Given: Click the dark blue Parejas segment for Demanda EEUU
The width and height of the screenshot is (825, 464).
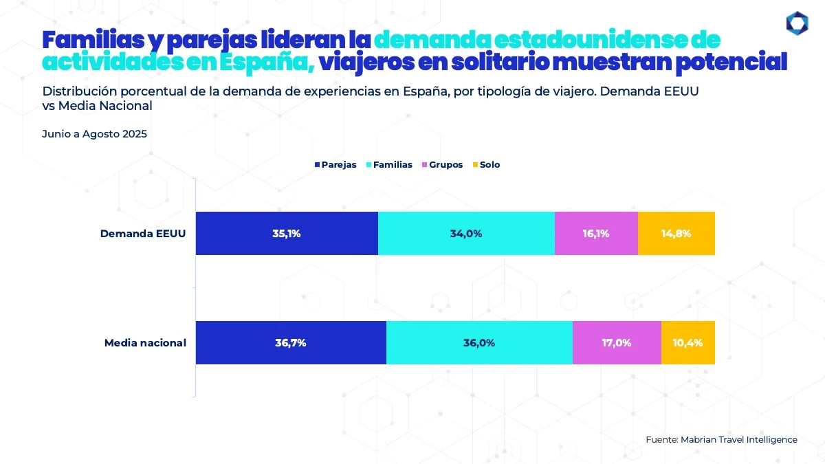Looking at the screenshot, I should click(x=287, y=233).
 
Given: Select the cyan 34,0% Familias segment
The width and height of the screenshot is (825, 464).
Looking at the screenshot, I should click(x=466, y=233).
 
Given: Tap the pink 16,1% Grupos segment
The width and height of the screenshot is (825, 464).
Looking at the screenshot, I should click(x=596, y=233).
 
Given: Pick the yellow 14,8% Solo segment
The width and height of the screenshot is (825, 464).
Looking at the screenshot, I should click(x=676, y=233).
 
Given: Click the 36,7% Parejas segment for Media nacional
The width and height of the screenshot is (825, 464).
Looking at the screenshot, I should click(x=291, y=342).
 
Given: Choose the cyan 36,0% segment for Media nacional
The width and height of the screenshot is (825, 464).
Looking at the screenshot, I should click(x=479, y=342).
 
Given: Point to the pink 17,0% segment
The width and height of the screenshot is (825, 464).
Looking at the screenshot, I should click(x=617, y=342).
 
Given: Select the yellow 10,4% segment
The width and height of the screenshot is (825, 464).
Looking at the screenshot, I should click(x=688, y=342).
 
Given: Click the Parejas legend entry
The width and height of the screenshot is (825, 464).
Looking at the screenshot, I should click(x=335, y=165).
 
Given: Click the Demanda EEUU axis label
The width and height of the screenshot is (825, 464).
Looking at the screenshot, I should click(x=143, y=233).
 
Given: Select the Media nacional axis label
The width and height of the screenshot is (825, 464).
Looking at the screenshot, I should click(x=145, y=342).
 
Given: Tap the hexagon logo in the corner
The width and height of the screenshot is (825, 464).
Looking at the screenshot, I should click(x=797, y=23).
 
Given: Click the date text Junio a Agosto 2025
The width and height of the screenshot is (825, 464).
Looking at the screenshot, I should click(x=95, y=134).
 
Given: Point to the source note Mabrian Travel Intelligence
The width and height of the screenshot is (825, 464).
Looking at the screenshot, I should click(x=722, y=439).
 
